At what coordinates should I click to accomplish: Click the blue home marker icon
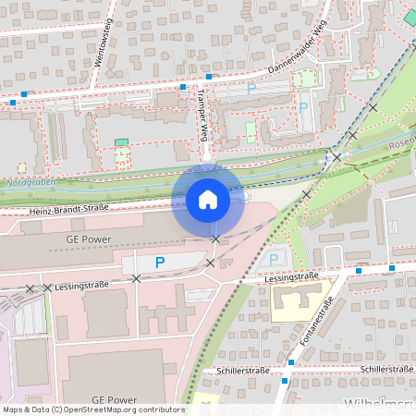coord(208,200)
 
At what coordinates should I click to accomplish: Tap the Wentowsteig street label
coord(104,45)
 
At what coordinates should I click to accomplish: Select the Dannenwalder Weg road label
coord(299,52)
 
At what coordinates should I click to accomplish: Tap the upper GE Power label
coord(89,239)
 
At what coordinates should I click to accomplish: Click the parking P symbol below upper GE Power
coord(160,263)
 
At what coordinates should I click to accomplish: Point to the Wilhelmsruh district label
coord(379,405)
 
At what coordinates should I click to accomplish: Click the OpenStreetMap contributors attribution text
coord(92,410)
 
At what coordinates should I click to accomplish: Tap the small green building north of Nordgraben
coord(121,142)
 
